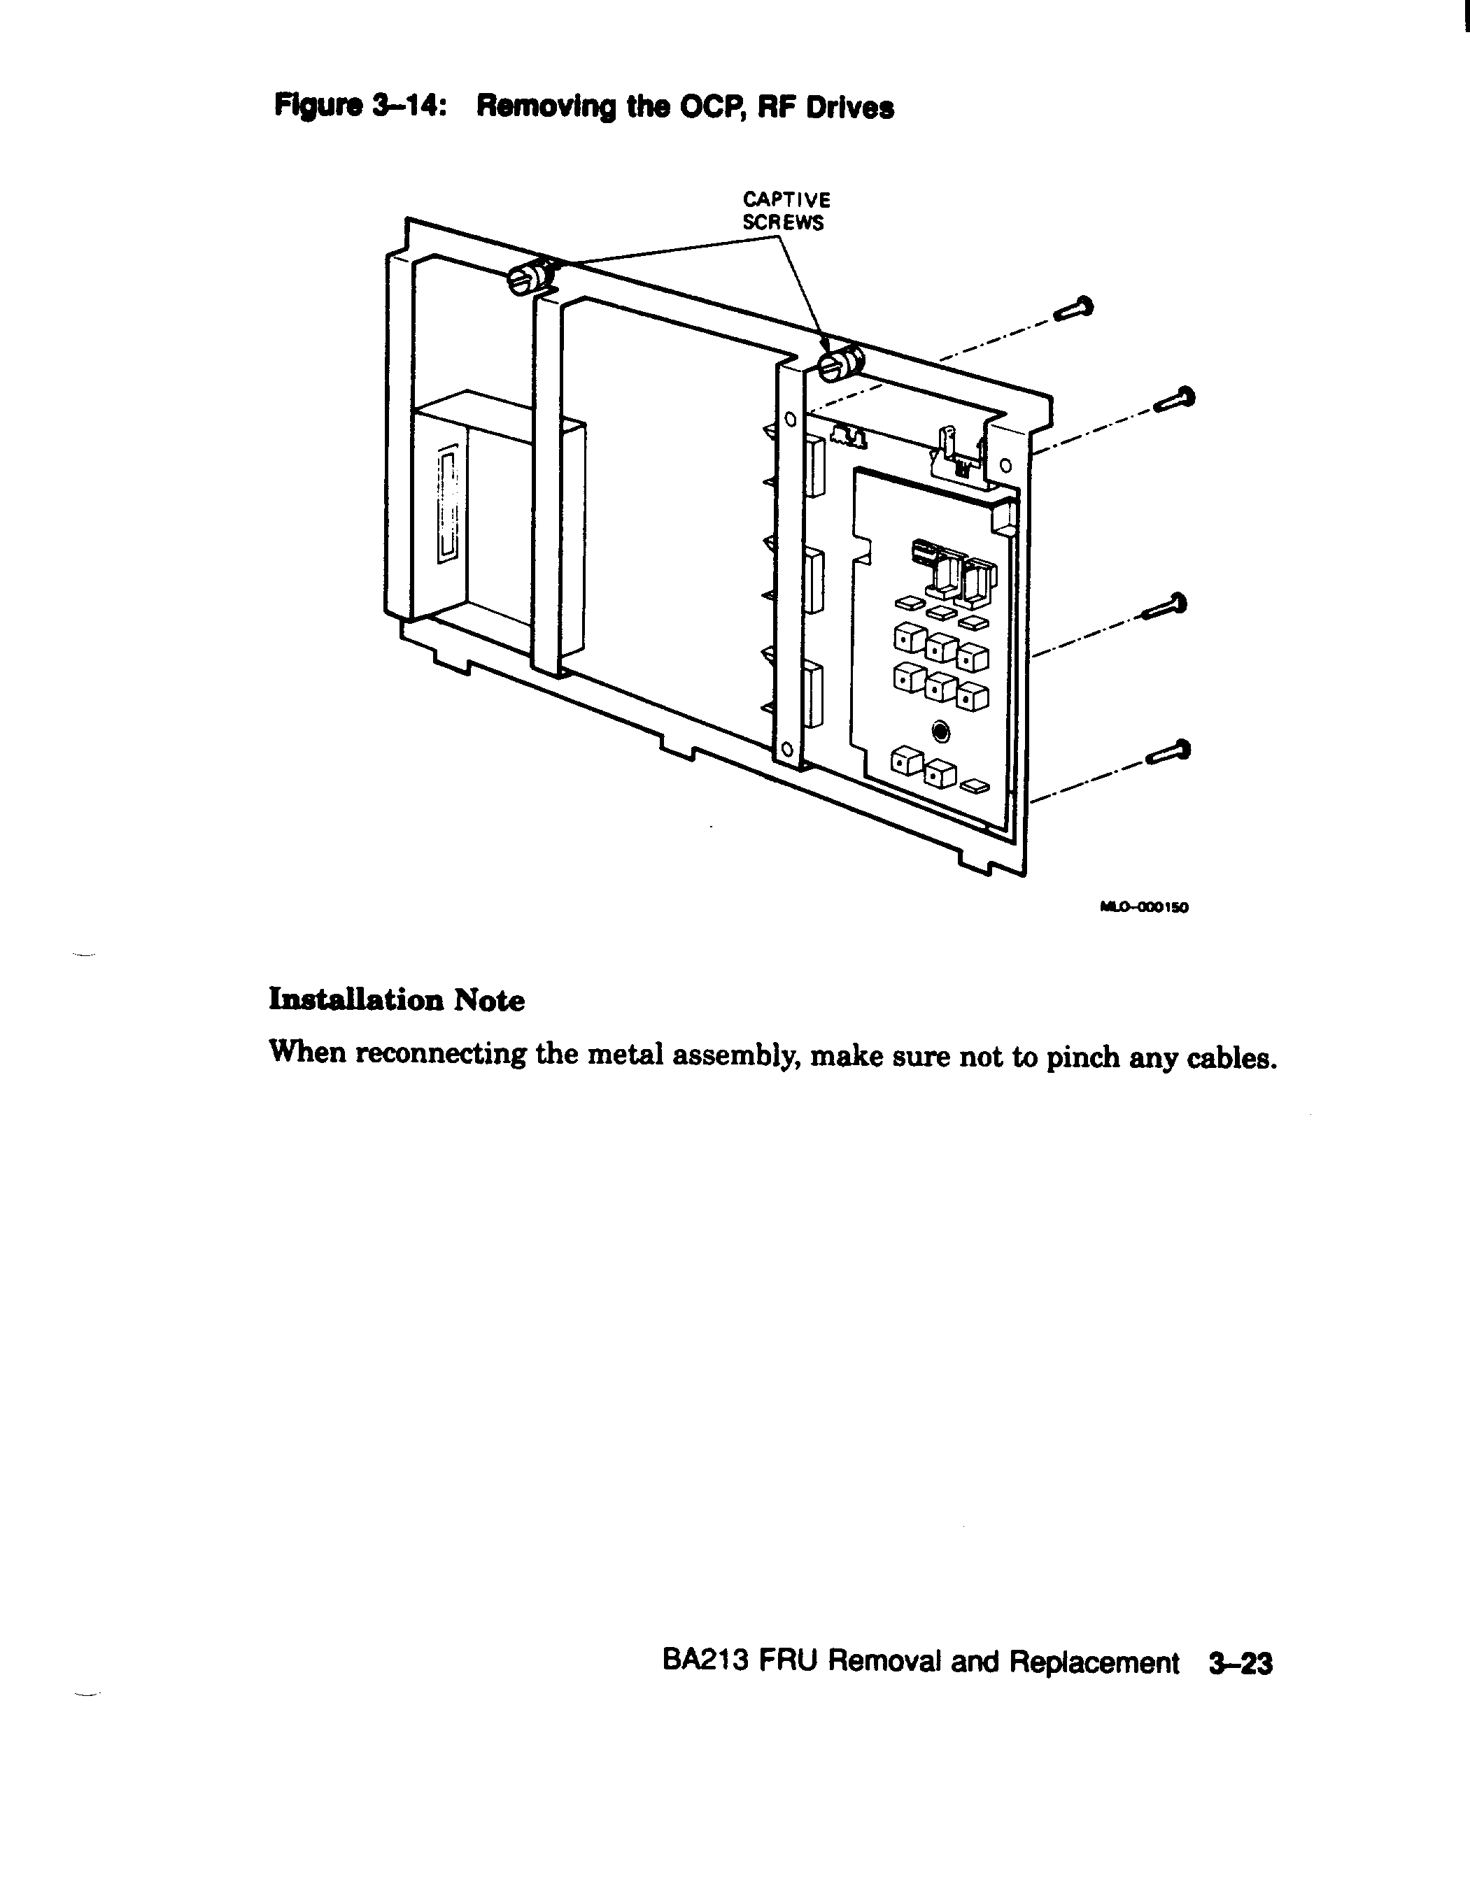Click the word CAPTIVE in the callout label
tap(786, 200)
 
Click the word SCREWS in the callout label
tap(783, 223)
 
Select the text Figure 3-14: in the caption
tap(360, 107)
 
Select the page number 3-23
tap(1241, 1662)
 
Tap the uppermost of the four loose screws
tap(1073, 309)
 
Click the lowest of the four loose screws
tap(1168, 753)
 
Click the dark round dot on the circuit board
tap(941, 734)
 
